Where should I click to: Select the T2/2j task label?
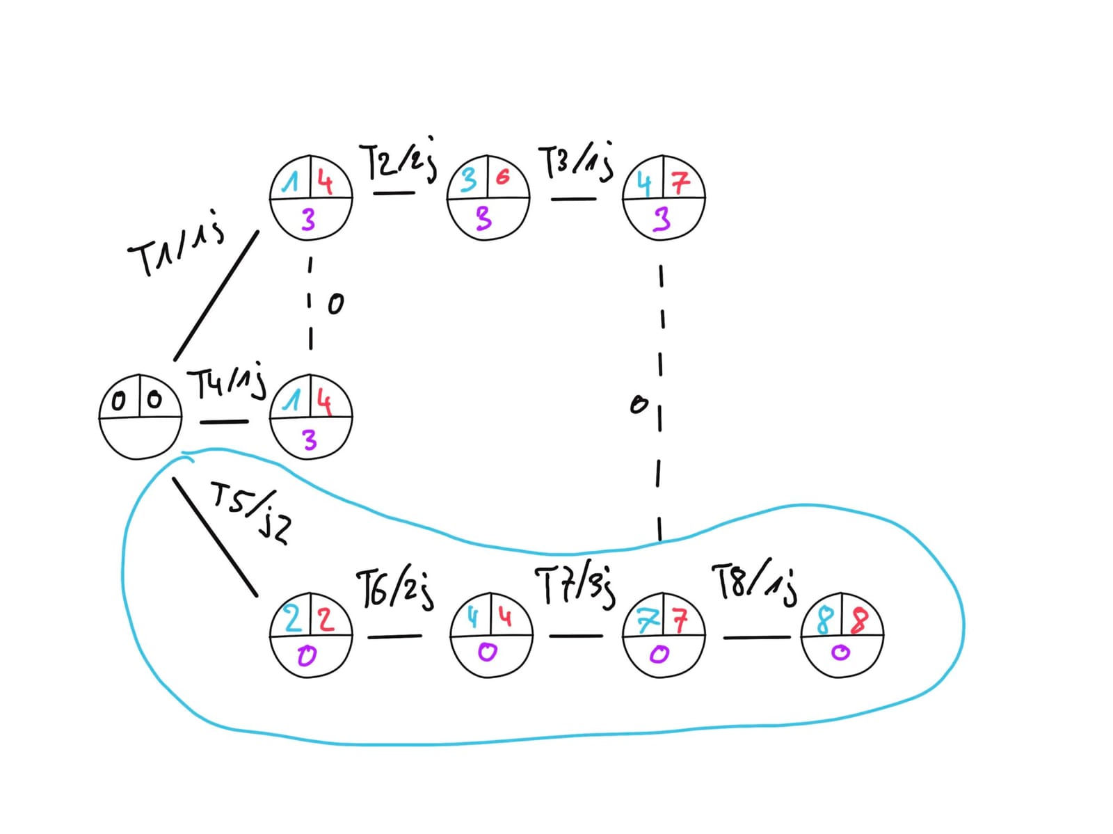399,162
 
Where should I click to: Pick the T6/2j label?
395,588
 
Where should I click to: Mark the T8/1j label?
754,583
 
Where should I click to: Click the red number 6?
502,177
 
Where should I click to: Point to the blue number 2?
294,618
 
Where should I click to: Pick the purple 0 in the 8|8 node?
841,652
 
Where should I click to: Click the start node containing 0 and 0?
141,417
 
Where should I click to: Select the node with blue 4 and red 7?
664,198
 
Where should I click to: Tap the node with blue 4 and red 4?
491,634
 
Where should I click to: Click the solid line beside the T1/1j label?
216,296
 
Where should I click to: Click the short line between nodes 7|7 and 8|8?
757,636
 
